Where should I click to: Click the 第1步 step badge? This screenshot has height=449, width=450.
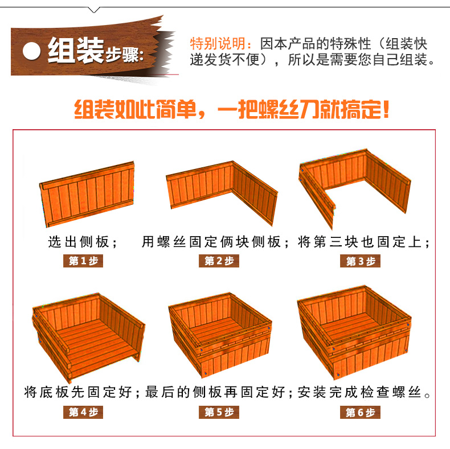click(83, 261)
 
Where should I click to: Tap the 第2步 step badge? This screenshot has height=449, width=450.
click(219, 261)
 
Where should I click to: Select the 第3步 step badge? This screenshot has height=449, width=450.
click(360, 261)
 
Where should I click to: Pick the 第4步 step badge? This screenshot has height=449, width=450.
click(83, 413)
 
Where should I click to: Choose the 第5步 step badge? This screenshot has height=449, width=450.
click(219, 413)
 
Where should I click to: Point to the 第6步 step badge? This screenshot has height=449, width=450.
click(360, 413)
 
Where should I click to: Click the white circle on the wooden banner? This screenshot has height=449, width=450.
click(31, 51)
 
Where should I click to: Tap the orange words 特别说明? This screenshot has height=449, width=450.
click(218, 44)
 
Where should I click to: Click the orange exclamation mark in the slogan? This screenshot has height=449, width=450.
click(386, 109)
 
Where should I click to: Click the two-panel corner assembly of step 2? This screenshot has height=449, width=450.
click(222, 193)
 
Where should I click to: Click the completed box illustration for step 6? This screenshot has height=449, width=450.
click(354, 332)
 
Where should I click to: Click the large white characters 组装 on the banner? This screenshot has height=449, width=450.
click(76, 51)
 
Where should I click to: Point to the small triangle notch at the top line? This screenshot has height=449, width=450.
click(94, 10)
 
